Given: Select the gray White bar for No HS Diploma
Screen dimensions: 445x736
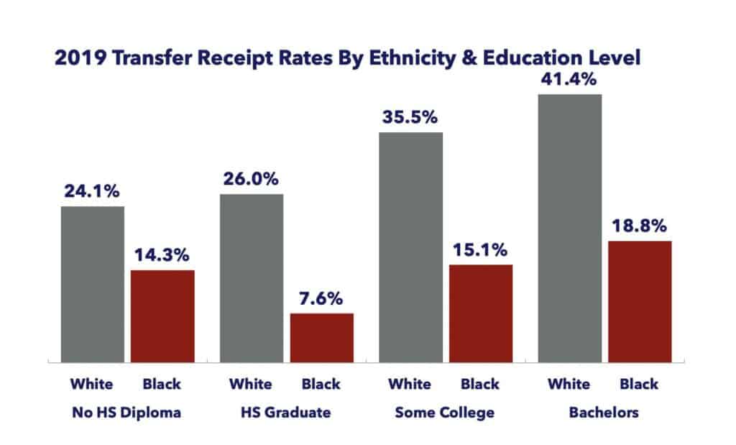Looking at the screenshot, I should point(93,284).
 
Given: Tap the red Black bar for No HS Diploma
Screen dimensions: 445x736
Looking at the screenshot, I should point(163,316).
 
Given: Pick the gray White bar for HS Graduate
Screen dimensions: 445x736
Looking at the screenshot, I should point(252,277).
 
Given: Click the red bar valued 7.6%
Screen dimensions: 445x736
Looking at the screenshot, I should point(322,337).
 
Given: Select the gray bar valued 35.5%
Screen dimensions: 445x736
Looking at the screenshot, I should point(411,247).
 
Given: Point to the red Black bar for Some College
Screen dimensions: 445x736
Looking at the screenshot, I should point(482,313).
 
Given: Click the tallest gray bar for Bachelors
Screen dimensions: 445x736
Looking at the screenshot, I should point(570,228).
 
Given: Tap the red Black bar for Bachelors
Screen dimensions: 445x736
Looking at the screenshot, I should point(640,301).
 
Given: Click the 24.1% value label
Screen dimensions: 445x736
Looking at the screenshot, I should point(93,192).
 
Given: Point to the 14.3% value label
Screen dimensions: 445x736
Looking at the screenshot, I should point(163,255).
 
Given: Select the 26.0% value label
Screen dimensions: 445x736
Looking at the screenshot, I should point(252,179).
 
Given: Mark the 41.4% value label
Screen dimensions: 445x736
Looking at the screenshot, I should point(570,80).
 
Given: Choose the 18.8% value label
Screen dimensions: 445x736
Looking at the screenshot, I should point(640,226).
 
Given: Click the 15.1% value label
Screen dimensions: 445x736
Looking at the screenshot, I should point(482,250).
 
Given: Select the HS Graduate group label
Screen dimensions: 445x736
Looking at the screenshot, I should point(286,413).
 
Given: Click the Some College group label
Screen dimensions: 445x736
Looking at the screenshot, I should point(445,413).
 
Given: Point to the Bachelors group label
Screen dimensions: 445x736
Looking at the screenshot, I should point(604,413).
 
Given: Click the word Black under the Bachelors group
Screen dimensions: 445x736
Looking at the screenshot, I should point(639,384).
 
